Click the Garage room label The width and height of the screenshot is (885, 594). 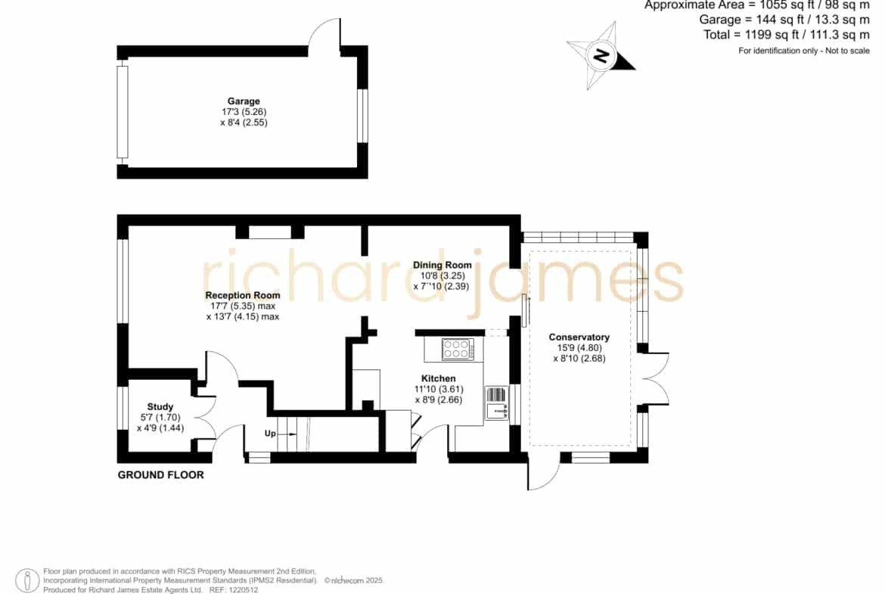(244, 101)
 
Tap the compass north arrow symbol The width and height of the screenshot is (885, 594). (601, 55)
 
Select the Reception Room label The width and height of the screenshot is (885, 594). (243, 295)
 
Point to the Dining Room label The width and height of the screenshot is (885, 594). (442, 265)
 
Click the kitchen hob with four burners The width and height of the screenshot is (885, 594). (457, 349)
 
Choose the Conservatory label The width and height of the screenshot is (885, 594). (579, 337)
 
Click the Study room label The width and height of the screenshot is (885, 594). (160, 406)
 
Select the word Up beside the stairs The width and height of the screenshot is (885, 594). (270, 434)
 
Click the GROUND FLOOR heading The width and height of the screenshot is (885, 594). (161, 475)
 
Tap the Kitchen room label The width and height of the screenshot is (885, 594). (439, 378)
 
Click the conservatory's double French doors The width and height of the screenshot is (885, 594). (655, 378)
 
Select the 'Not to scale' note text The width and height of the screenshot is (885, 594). (848, 51)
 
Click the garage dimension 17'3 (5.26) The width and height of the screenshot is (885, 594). (244, 112)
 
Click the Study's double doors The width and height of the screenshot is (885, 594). (206, 418)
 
